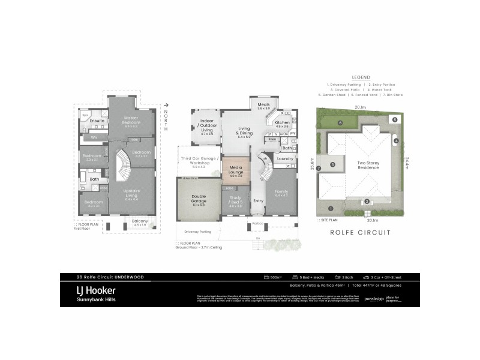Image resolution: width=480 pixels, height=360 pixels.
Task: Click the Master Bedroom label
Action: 131,120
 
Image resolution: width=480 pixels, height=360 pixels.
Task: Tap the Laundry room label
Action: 284,158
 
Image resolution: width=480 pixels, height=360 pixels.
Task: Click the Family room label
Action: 281,193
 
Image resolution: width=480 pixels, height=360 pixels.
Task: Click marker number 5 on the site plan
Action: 394,119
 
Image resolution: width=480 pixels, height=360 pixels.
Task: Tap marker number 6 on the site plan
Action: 340,124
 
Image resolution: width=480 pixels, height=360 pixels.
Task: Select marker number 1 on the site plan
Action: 330,208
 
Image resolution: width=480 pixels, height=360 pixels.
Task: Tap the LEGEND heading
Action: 361,77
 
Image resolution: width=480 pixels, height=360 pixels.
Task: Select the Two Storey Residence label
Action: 368,165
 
